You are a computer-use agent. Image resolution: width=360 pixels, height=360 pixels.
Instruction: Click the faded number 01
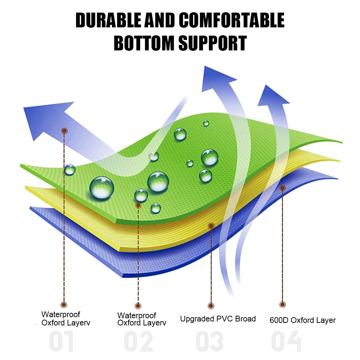click(62, 342)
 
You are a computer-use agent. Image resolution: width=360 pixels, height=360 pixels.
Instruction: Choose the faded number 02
click(138, 342)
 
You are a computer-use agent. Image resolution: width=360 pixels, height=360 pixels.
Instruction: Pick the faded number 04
click(286, 342)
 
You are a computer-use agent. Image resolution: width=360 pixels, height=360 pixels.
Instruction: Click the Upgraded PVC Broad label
click(218, 319)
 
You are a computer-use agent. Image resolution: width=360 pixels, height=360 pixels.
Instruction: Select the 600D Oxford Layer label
click(302, 320)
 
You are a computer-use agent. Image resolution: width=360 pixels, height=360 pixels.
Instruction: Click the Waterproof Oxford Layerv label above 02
click(142, 319)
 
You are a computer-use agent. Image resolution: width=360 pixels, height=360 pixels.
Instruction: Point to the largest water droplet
click(102, 188)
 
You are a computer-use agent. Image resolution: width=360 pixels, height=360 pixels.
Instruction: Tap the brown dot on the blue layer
click(283, 188)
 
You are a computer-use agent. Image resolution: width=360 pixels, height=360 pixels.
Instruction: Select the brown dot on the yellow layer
click(211, 226)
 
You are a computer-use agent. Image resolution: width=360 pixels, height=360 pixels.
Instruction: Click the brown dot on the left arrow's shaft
click(64, 131)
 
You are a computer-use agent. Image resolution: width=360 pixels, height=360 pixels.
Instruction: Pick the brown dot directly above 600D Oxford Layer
click(283, 305)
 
